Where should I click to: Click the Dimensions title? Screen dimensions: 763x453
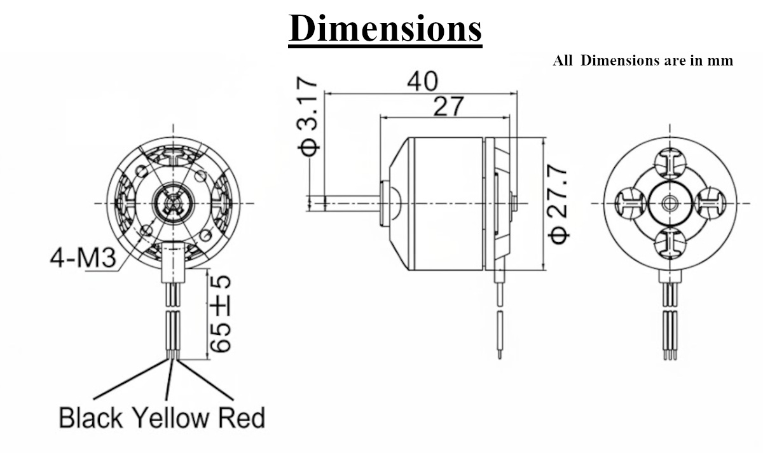click(385, 29)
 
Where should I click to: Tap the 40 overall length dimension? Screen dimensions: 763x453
click(422, 81)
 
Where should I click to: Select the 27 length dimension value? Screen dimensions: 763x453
click(448, 106)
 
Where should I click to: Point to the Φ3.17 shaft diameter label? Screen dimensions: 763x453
click(308, 116)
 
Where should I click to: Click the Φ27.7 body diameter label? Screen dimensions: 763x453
click(558, 205)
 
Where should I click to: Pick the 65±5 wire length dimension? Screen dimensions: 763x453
click(221, 314)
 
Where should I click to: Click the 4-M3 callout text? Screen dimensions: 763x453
click(83, 258)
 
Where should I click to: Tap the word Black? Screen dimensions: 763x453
click(90, 417)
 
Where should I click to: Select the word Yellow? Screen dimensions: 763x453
click(170, 417)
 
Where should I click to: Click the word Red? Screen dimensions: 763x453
click(241, 417)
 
